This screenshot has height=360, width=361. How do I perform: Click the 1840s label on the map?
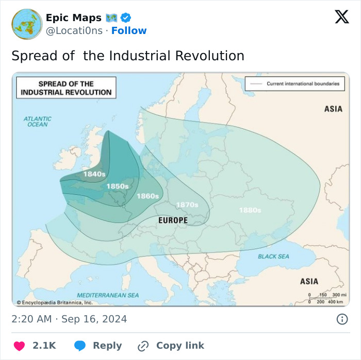(x=94, y=174)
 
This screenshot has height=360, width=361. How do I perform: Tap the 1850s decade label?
(x=118, y=186)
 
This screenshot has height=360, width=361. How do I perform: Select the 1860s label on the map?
(x=147, y=196)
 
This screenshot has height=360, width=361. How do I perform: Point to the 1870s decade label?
(x=187, y=205)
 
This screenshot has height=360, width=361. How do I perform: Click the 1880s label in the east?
(x=250, y=210)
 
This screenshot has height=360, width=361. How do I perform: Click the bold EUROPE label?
(x=173, y=220)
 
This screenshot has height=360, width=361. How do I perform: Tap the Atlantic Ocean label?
(x=38, y=122)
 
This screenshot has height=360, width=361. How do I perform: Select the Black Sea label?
(x=273, y=256)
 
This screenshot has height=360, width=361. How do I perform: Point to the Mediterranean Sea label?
(x=108, y=295)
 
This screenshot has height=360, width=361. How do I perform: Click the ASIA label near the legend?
(x=333, y=109)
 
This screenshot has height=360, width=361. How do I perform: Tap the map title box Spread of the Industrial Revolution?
(x=66, y=88)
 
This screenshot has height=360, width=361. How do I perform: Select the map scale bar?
(x=326, y=298)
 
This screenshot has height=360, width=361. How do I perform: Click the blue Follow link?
(x=129, y=30)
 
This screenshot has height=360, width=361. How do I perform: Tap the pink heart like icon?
(x=19, y=346)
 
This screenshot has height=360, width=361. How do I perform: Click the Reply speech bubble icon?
(x=80, y=346)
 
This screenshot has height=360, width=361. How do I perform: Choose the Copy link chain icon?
(x=143, y=346)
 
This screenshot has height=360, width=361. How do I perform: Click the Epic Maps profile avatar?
(x=27, y=24)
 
